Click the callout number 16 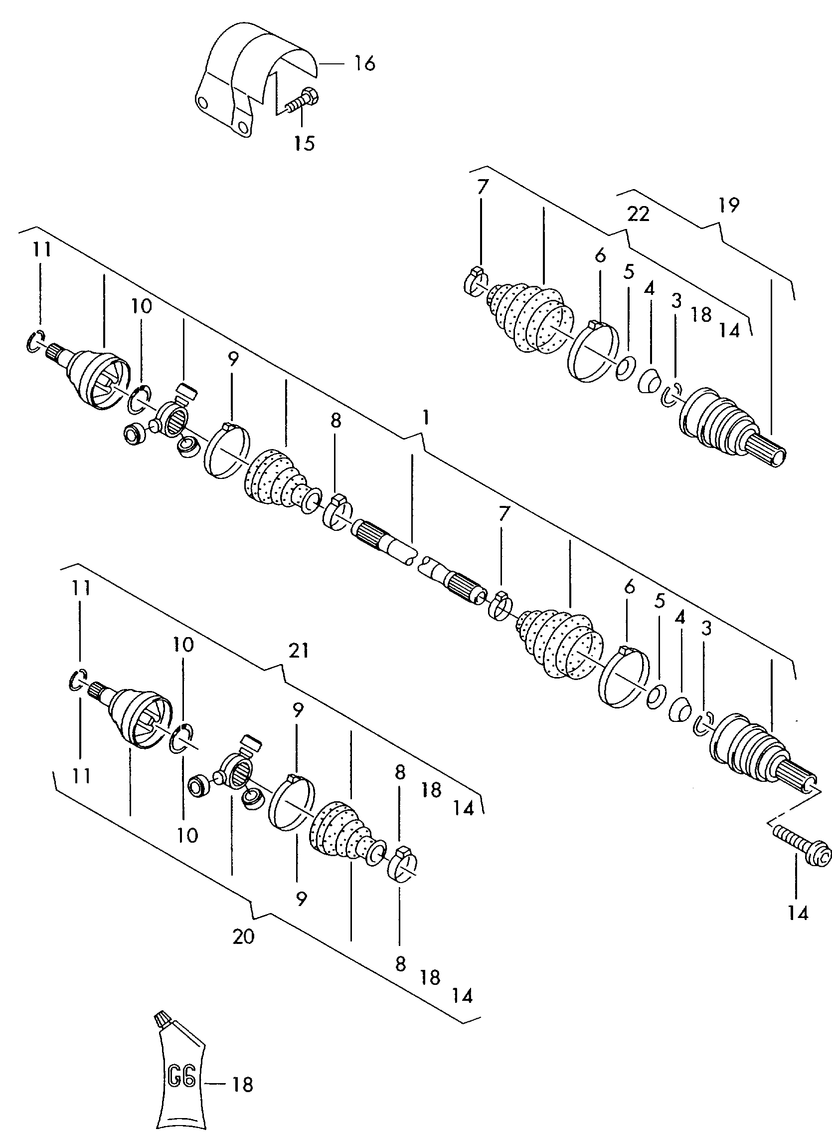(365, 64)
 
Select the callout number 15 (305, 143)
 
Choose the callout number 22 (638, 214)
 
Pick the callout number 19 (729, 205)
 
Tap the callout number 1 (426, 418)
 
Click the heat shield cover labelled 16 (253, 71)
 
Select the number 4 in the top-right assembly (649, 289)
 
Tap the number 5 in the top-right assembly (629, 272)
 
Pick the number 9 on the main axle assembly (233, 359)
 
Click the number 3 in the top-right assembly (676, 301)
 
